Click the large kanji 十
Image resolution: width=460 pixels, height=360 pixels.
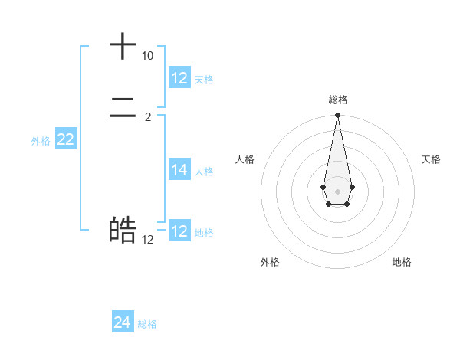(x=123, y=47)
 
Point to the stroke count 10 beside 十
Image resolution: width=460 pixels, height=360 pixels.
(x=147, y=57)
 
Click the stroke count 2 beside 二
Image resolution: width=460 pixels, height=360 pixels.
(x=147, y=117)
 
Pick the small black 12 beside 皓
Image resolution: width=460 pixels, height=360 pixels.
(x=147, y=239)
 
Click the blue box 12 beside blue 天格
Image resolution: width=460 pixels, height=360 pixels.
(x=179, y=77)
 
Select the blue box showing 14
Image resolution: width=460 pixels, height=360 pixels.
(x=179, y=170)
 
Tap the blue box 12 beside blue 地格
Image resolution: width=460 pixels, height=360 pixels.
(x=179, y=231)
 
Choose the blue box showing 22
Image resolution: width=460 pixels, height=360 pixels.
(x=66, y=139)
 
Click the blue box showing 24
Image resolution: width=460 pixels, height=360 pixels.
(x=123, y=322)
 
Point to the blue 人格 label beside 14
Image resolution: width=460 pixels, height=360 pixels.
(x=204, y=172)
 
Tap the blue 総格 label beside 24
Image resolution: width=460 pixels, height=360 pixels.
(x=147, y=324)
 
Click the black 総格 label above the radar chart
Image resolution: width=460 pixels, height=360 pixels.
(x=337, y=100)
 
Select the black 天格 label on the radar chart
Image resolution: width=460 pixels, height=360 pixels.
(x=431, y=159)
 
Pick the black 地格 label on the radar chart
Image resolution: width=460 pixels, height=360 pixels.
(x=402, y=262)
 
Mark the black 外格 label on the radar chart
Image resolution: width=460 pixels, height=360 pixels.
(x=270, y=262)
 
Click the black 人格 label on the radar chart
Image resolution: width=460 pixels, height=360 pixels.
(x=245, y=159)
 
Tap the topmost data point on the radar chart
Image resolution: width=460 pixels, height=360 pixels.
(x=337, y=116)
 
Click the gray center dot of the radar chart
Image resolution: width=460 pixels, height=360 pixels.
(x=337, y=191)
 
